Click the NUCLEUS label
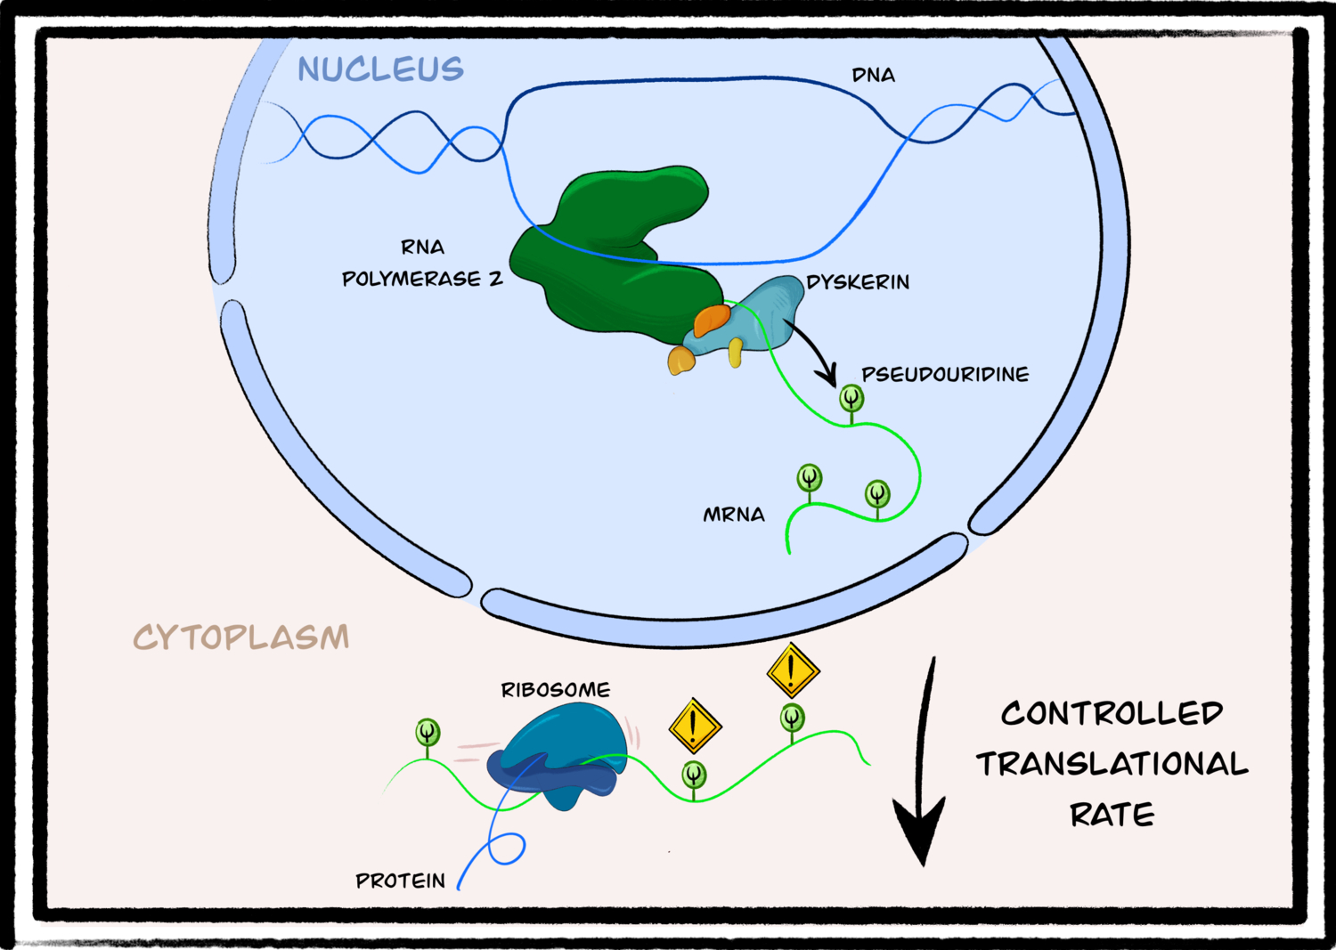tap(380, 69)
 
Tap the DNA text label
tap(873, 76)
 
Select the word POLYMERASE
tap(411, 280)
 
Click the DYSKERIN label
tap(858, 282)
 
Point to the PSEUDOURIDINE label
tap(944, 375)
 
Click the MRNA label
tap(734, 516)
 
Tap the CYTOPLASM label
tap(241, 637)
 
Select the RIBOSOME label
tap(556, 690)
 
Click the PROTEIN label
tap(400, 881)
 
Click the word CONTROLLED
tap(1112, 713)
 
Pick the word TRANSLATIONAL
tap(1112, 764)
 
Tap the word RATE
tap(1112, 815)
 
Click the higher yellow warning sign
tap(793, 670)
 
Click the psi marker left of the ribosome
tap(428, 733)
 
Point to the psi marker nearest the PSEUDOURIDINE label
tap(851, 397)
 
